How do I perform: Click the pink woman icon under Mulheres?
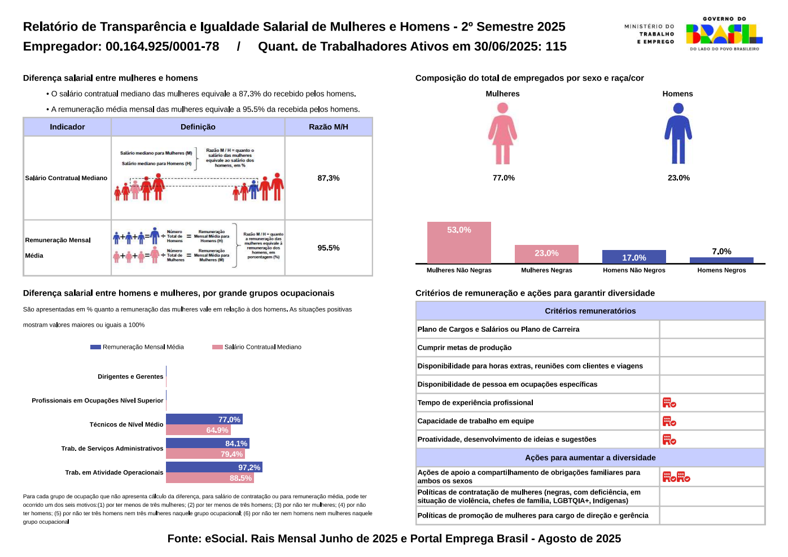click(x=502, y=134)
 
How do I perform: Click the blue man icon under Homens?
click(x=678, y=134)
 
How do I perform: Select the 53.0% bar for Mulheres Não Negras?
click(x=459, y=242)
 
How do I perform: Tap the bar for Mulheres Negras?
click(x=546, y=253)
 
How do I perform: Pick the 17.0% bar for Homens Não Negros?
click(x=634, y=257)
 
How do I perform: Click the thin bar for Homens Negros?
click(x=721, y=260)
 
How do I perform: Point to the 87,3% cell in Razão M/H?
click(x=329, y=178)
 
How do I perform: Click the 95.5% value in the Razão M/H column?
click(x=329, y=248)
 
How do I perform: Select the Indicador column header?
click(x=67, y=127)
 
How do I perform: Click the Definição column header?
click(x=198, y=127)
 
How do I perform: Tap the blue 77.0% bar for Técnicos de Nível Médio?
click(x=204, y=419)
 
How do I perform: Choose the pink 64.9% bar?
click(x=198, y=430)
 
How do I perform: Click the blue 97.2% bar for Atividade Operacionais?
click(x=214, y=467)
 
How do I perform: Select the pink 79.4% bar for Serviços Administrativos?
click(x=205, y=454)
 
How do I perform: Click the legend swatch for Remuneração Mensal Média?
click(x=95, y=347)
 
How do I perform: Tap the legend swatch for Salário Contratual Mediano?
click(x=217, y=347)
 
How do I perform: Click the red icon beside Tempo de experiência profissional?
click(x=669, y=402)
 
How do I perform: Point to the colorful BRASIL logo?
click(x=724, y=34)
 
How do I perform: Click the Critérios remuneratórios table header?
click(x=590, y=311)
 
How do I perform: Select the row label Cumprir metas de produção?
click(x=465, y=348)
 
